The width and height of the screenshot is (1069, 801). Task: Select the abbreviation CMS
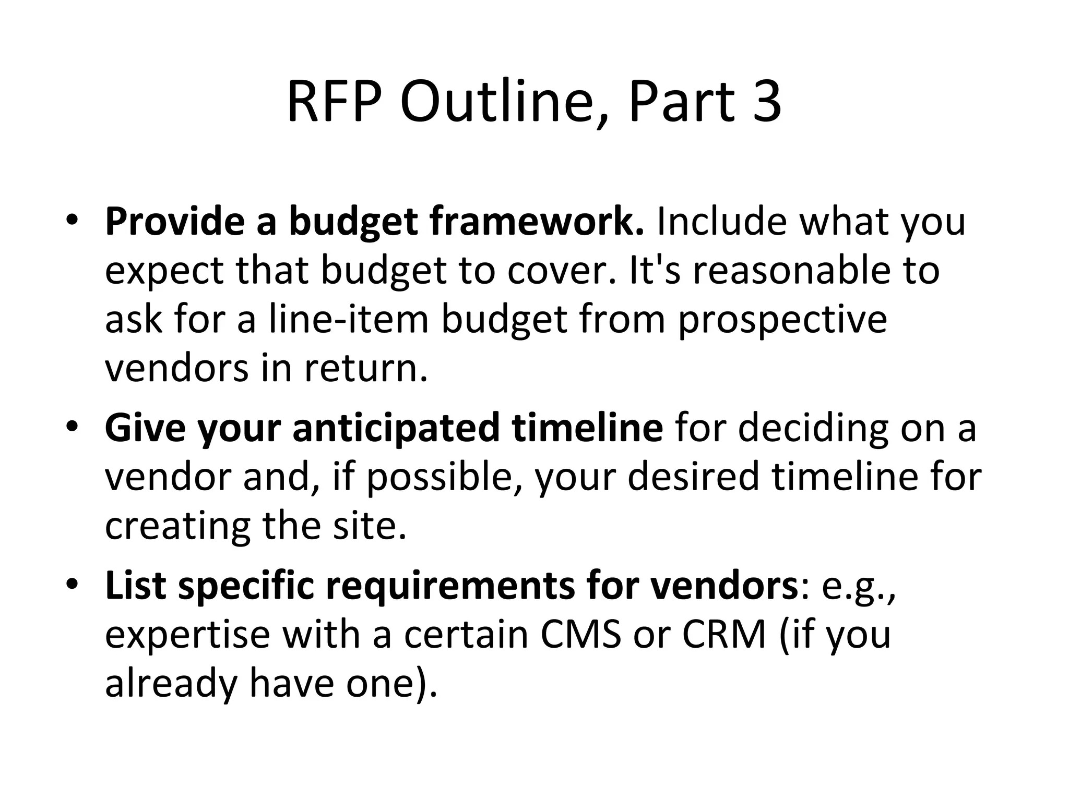click(580, 635)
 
